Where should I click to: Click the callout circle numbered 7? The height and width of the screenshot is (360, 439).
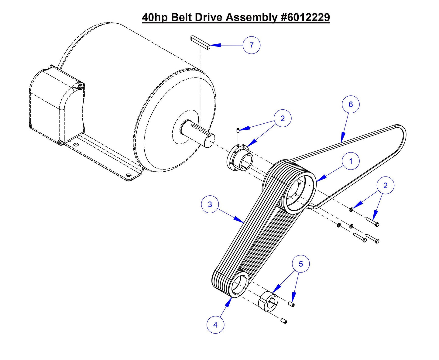[x=252, y=45]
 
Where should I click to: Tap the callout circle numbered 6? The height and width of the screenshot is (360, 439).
[x=351, y=105]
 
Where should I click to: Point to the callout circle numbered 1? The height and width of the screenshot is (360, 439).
[x=351, y=161]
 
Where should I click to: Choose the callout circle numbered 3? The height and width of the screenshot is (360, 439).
[x=210, y=204]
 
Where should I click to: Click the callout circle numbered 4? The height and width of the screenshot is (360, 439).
[x=215, y=325]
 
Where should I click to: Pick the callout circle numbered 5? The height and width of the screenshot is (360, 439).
[x=301, y=264]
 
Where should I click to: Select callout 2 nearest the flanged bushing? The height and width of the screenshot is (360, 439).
[x=283, y=118]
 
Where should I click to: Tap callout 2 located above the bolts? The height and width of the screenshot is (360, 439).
[x=386, y=185]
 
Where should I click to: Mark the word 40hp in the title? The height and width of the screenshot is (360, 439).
[x=155, y=17]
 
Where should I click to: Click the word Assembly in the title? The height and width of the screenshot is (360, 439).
[x=251, y=17]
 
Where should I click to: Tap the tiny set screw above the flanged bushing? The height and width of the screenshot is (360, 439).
[x=238, y=131]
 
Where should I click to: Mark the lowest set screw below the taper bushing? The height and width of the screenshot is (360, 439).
[x=284, y=321]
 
